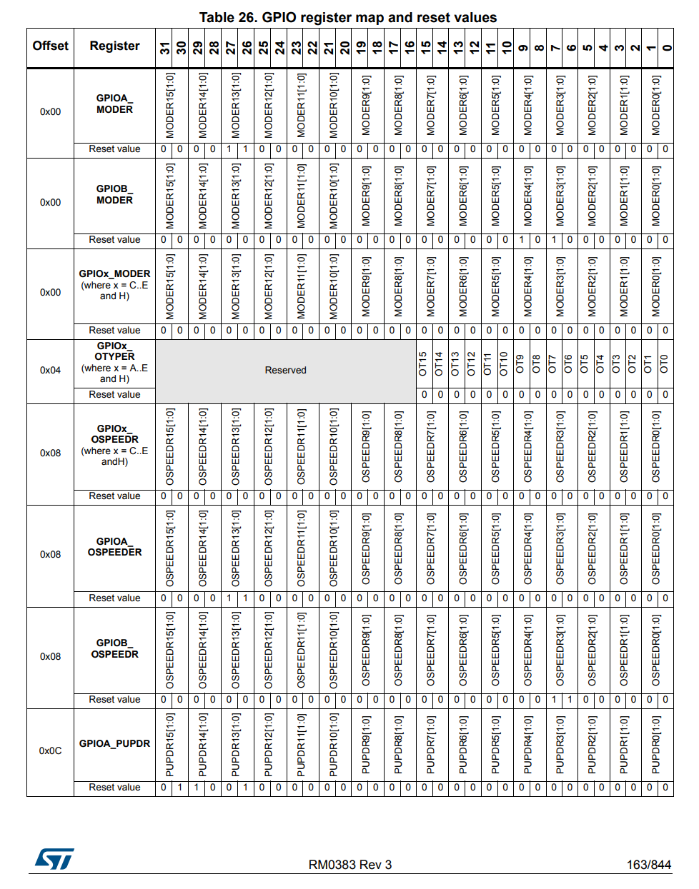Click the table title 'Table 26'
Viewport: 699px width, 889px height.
tap(347, 17)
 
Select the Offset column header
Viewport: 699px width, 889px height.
tap(50, 46)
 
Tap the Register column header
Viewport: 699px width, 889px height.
tap(114, 46)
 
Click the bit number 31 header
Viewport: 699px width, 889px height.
tap(164, 48)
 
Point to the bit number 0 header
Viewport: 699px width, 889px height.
tap(666, 48)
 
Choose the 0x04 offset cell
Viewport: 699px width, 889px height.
tap(50, 370)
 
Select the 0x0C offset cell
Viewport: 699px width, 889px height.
tap(50, 750)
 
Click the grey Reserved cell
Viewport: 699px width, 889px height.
tap(285, 370)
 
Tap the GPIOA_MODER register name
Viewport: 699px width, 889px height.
tap(114, 104)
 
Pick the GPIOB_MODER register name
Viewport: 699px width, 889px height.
tap(114, 194)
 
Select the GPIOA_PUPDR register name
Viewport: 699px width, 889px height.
tap(114, 743)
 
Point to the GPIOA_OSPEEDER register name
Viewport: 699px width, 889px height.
tap(114, 547)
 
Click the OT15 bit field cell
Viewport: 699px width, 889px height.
tap(423, 363)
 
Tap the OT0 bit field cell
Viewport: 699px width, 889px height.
tap(665, 363)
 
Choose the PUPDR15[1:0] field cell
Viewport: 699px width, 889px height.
tap(170, 745)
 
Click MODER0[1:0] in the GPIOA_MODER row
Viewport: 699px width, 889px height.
tap(657, 106)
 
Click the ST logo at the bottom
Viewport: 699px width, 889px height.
tap(54, 859)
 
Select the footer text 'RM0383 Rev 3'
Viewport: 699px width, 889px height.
tap(349, 865)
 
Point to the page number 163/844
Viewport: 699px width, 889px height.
tap(648, 865)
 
